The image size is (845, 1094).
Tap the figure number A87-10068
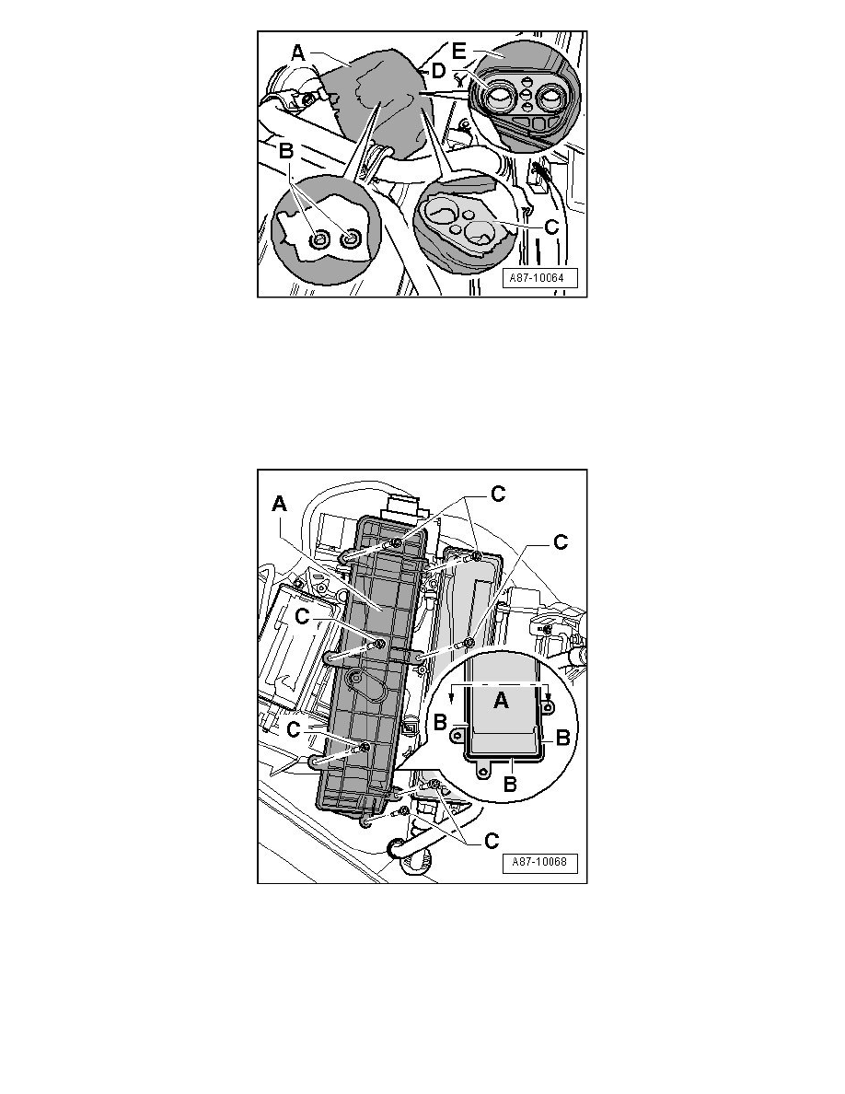point(539,862)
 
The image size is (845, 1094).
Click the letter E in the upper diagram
point(457,52)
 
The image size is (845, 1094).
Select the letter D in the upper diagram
point(438,71)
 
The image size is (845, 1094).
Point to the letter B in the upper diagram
point(286,150)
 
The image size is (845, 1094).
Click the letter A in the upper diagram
point(297,52)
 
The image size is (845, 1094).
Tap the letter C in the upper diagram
point(550,227)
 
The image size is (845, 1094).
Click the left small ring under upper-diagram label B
point(318,240)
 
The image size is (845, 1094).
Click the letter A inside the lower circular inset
point(501,701)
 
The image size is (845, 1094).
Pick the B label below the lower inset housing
point(510,784)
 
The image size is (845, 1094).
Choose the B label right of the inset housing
point(562,738)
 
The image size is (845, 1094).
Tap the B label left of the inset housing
point(440,722)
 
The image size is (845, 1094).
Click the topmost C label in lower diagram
point(498,494)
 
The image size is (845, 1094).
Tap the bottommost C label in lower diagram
point(492,841)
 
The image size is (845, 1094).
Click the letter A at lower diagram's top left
point(280,504)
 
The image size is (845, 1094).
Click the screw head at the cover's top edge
point(396,542)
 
